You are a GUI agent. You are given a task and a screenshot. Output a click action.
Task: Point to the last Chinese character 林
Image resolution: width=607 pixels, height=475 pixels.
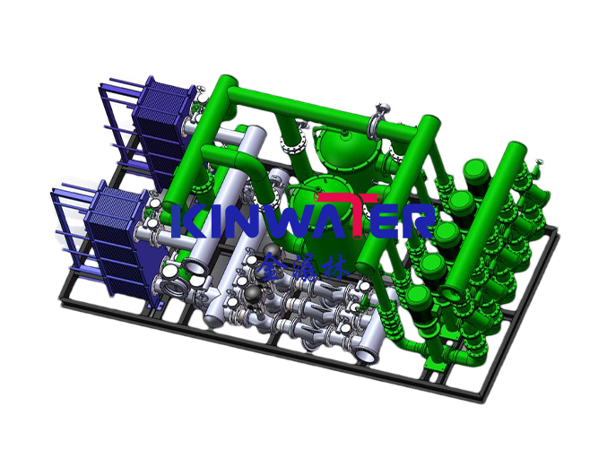coord(340,265)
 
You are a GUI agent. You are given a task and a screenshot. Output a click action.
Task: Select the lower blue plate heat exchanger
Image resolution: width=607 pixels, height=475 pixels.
coord(115,231)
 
